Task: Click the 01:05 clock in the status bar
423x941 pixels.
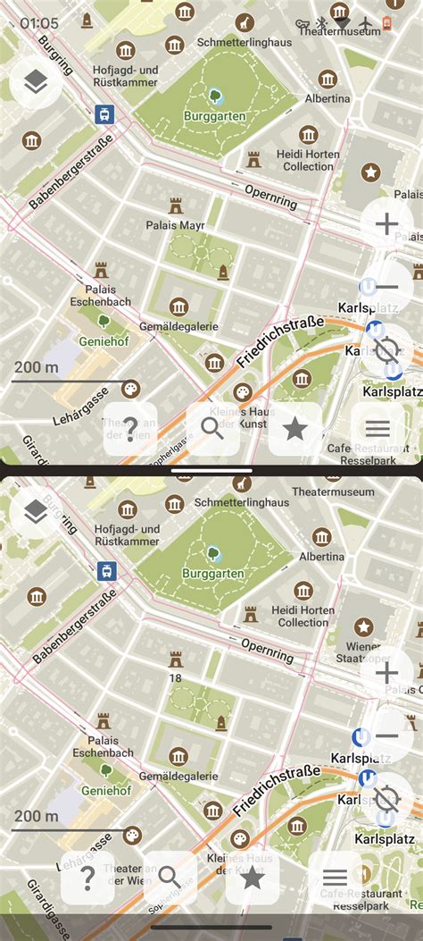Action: (x=39, y=23)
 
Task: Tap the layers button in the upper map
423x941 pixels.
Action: (x=36, y=83)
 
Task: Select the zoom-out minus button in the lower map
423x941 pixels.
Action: (x=386, y=735)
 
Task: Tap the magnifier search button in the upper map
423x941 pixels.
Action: (x=212, y=429)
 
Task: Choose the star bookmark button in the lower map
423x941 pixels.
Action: (x=253, y=878)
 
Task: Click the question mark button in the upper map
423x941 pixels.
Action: (x=130, y=429)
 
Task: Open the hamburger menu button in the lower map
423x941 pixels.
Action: (x=335, y=878)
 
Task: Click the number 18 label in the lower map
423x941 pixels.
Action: (x=176, y=678)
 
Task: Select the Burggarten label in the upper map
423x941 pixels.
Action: (x=215, y=116)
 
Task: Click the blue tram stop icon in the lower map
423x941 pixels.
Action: (x=107, y=570)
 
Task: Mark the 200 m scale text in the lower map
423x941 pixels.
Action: (x=37, y=816)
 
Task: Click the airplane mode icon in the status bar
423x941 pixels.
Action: (x=366, y=23)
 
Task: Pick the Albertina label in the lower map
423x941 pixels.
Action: (x=321, y=556)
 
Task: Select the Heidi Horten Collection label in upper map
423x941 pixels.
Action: (x=308, y=160)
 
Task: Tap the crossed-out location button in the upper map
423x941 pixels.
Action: (x=386, y=349)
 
